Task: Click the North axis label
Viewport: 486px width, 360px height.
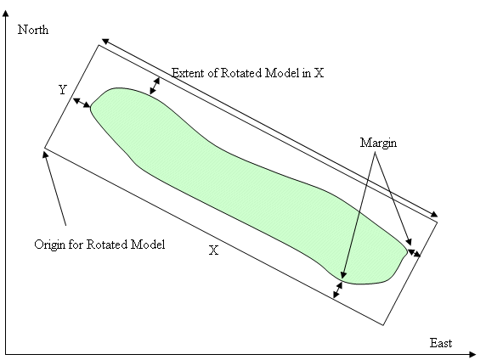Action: pyautogui.click(x=33, y=30)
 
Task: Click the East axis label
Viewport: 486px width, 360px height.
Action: pyautogui.click(x=440, y=343)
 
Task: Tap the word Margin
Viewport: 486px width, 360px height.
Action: pyautogui.click(x=378, y=143)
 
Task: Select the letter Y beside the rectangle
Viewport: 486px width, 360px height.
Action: pyautogui.click(x=63, y=90)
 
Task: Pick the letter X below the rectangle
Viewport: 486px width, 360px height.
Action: pyautogui.click(x=213, y=250)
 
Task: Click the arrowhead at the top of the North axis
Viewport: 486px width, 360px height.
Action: pyautogui.click(x=6, y=13)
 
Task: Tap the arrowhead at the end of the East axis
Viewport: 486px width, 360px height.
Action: pyautogui.click(x=472, y=354)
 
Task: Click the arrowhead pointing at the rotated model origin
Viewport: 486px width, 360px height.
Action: pyautogui.click(x=45, y=154)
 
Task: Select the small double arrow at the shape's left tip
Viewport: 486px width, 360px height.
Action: pyautogui.click(x=82, y=104)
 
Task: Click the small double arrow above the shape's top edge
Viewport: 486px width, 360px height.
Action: pyautogui.click(x=155, y=86)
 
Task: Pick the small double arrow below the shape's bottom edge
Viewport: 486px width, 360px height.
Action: pyautogui.click(x=337, y=290)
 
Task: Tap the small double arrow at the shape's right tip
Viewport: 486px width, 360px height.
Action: pyautogui.click(x=414, y=253)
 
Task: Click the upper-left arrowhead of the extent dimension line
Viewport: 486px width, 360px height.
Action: pyautogui.click(x=105, y=42)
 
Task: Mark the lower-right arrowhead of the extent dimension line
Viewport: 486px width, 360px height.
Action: pyautogui.click(x=434, y=214)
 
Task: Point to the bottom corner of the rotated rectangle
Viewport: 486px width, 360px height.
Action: pyautogui.click(x=383, y=325)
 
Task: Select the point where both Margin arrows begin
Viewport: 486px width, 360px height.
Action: pyautogui.click(x=375, y=153)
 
